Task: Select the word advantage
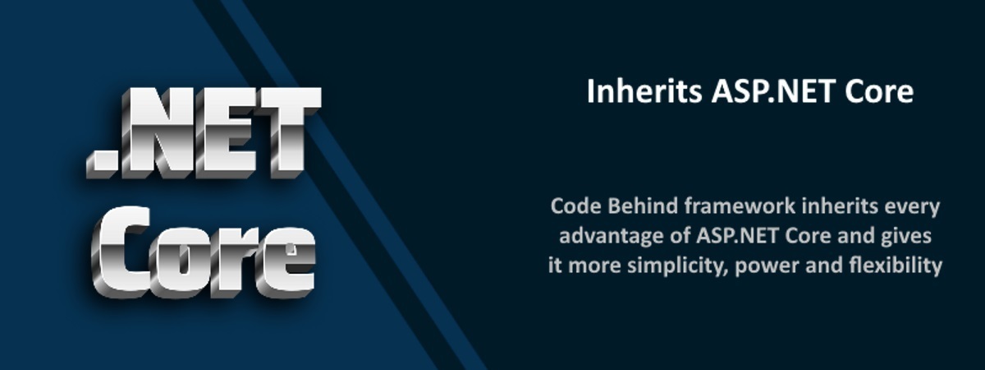(x=604, y=236)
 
